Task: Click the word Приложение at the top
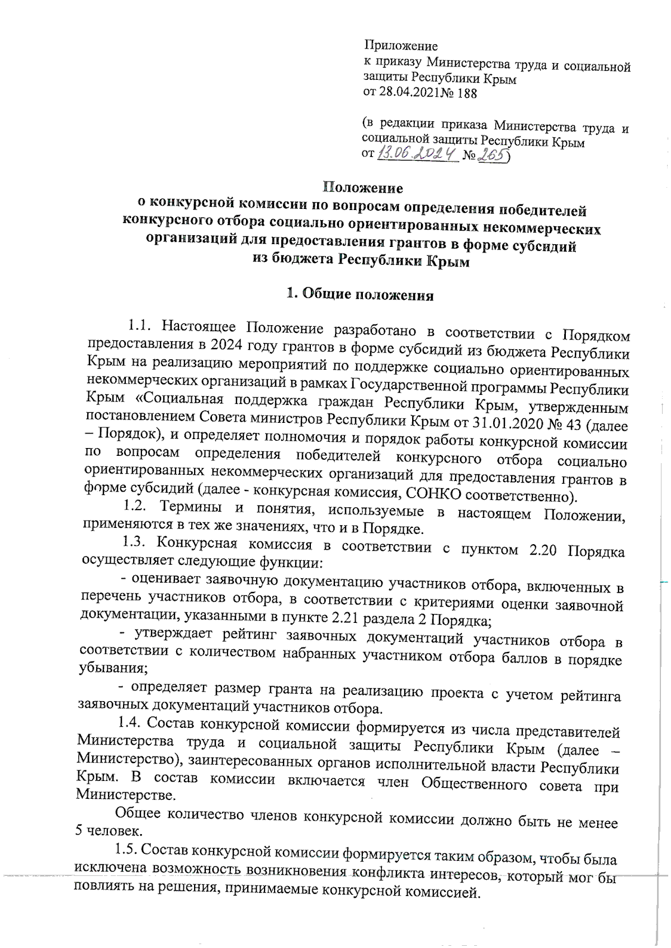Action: click(x=400, y=46)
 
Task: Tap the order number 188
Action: click(x=467, y=94)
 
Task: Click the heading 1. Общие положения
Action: click(x=360, y=295)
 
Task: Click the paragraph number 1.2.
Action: click(x=135, y=508)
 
